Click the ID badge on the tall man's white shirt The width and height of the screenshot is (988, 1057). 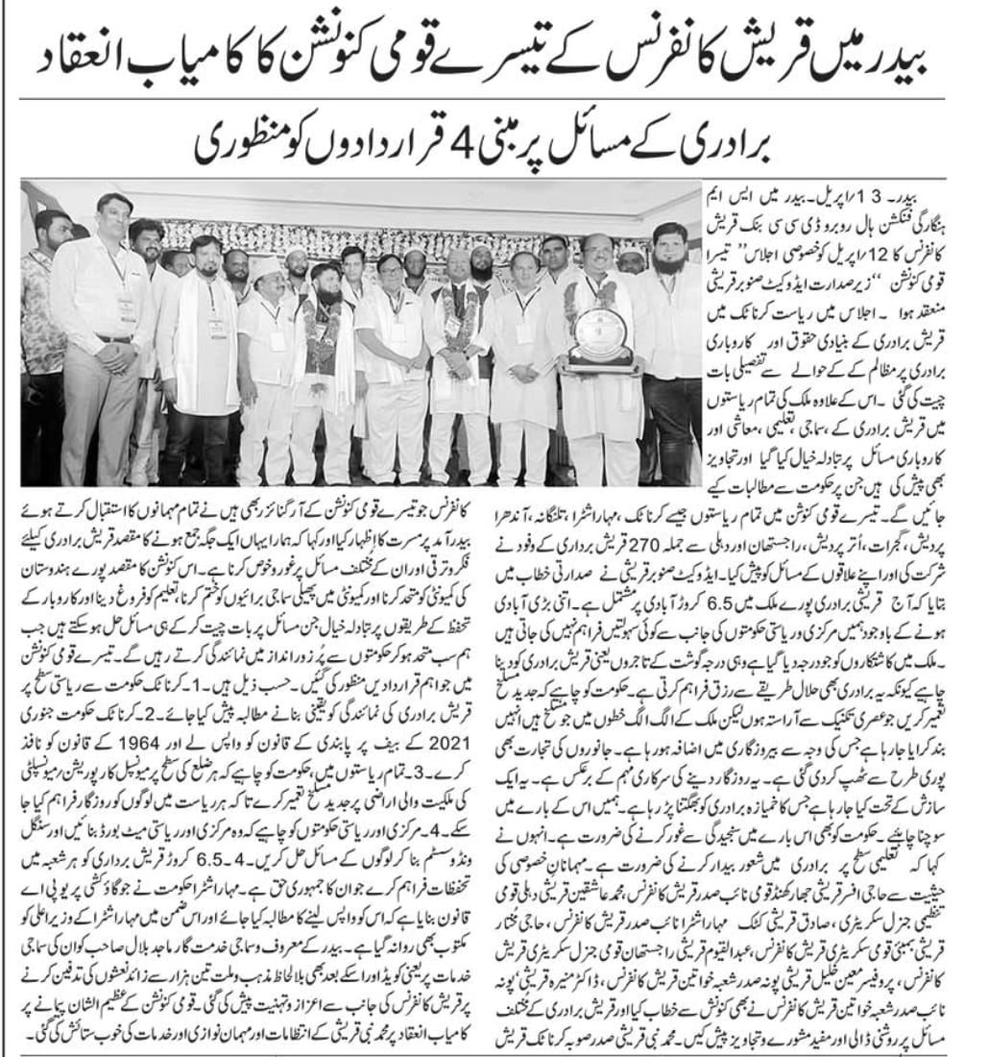[126, 307]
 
